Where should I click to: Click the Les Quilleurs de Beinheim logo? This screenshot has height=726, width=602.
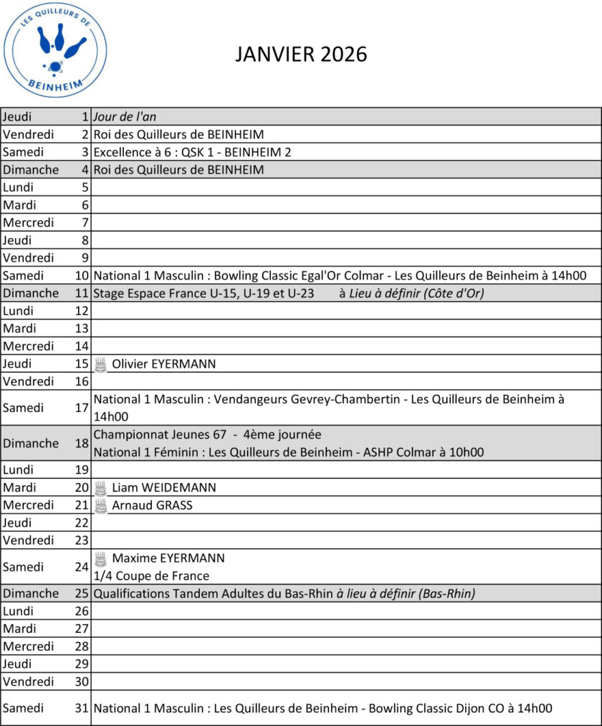[55, 49]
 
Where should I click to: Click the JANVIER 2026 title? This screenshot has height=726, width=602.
[301, 54]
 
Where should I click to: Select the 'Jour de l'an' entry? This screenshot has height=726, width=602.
[125, 117]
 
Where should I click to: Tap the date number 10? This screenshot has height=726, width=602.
[82, 275]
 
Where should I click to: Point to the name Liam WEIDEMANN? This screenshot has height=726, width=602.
[164, 488]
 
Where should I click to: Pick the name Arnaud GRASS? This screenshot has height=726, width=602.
[152, 505]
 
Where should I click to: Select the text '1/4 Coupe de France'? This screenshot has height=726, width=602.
[151, 576]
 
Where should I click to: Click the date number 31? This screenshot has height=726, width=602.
[82, 708]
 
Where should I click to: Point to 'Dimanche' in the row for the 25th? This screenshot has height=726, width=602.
[31, 593]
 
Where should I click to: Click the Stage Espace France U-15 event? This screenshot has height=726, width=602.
[204, 293]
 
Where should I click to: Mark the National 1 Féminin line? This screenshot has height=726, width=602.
[288, 452]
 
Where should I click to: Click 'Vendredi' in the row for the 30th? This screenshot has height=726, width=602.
[29, 682]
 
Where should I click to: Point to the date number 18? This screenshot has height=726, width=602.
[82, 443]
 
